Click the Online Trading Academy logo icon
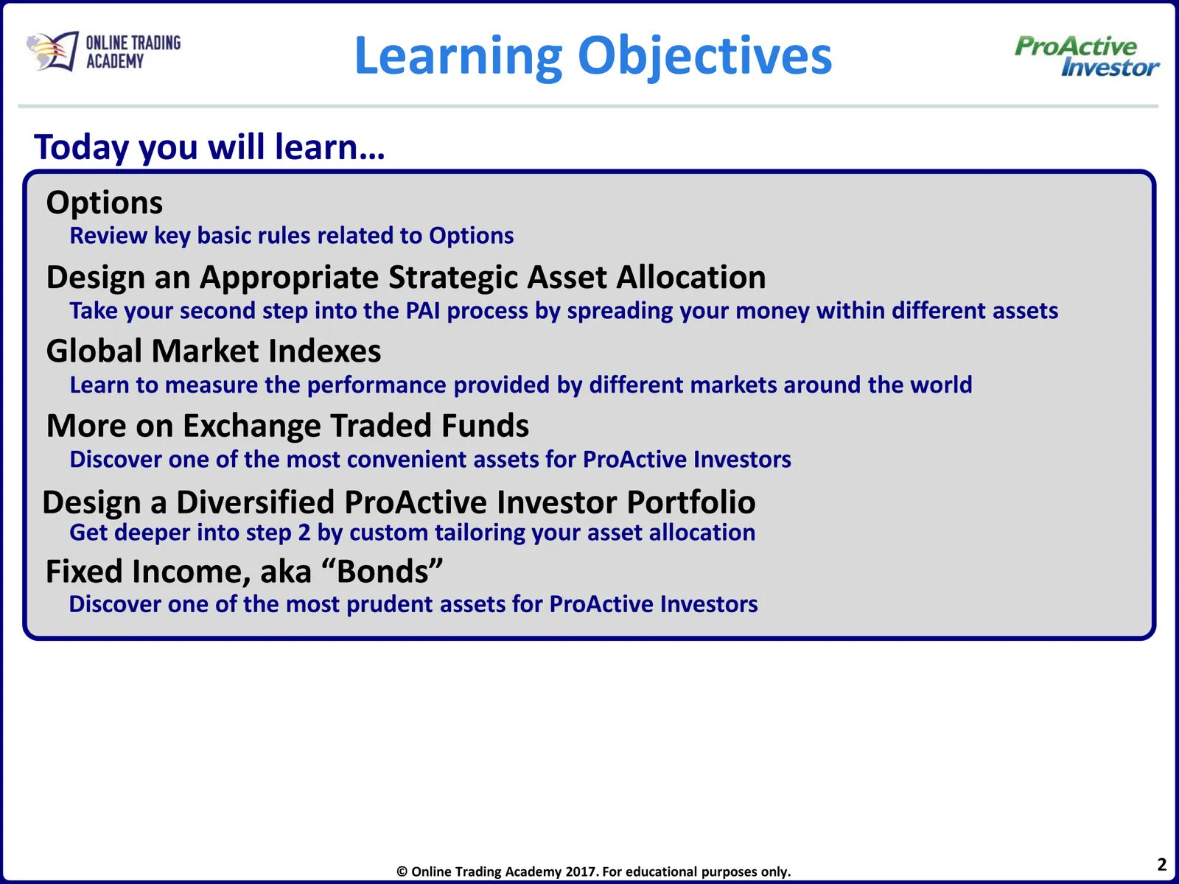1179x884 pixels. pos(52,52)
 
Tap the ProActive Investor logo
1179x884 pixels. pos(1087,56)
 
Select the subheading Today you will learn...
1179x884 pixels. pos(209,147)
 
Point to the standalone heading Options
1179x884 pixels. pos(104,203)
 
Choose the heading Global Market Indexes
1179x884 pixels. pos(213,351)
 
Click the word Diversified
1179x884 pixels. pos(256,502)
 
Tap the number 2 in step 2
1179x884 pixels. pos(304,533)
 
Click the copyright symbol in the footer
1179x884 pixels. pos(402,872)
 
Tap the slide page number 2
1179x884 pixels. pos(1162,865)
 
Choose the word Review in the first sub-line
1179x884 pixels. pos(108,236)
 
